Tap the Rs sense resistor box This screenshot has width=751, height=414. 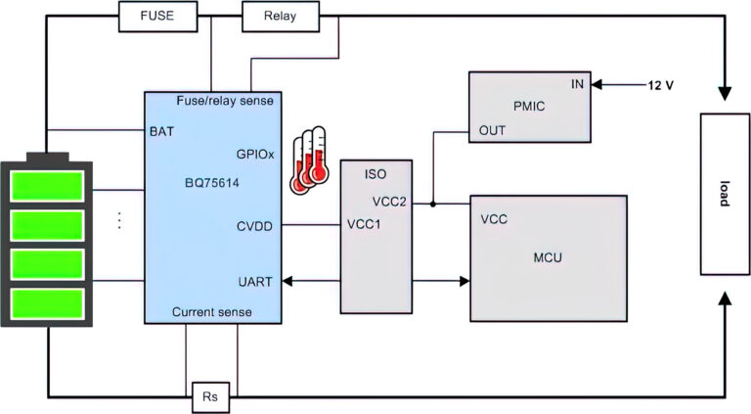(211, 397)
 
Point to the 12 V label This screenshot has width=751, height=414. (661, 85)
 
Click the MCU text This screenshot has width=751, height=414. (547, 257)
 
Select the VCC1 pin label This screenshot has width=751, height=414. (365, 223)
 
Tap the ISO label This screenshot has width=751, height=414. (375, 174)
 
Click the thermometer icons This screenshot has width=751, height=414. (310, 158)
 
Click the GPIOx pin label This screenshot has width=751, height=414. (254, 154)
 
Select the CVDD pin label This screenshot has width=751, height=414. (254, 226)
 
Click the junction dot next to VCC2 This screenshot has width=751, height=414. (433, 205)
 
